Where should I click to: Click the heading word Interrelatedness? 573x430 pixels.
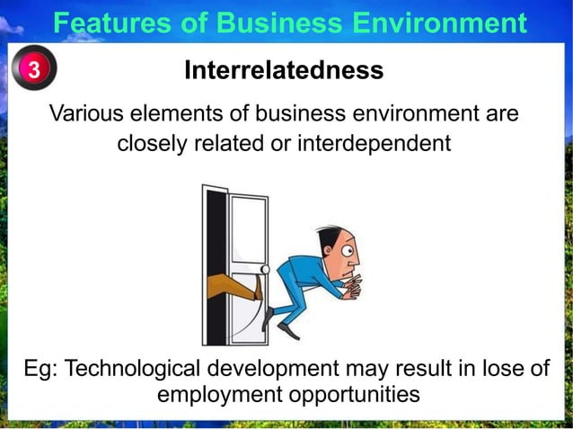[x=284, y=70]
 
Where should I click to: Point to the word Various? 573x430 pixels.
[x=87, y=115]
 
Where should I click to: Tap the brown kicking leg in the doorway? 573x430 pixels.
[x=231, y=287]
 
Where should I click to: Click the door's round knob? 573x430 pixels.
[x=264, y=269]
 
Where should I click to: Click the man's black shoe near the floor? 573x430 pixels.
[x=287, y=329]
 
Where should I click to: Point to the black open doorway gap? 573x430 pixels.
[x=216, y=234]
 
